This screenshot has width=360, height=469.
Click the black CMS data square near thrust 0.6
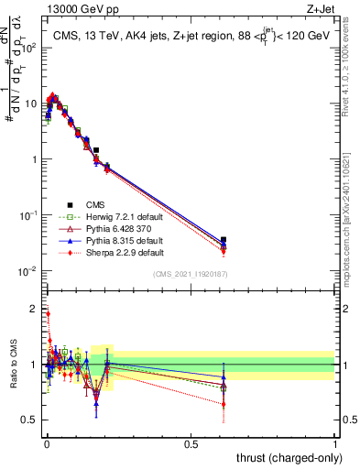(x=224, y=240)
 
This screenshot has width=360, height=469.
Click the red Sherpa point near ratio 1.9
(x=48, y=313)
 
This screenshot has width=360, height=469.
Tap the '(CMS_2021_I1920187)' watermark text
(x=190, y=274)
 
